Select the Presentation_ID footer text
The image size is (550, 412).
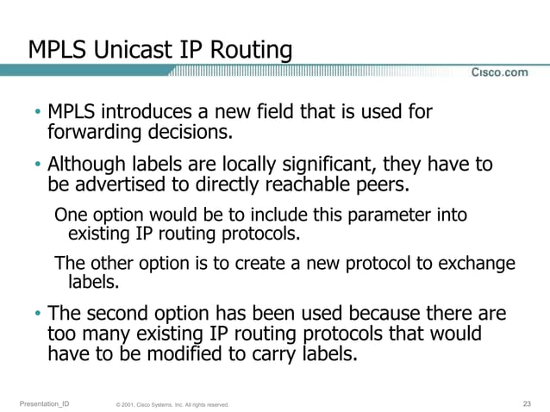[x=44, y=403]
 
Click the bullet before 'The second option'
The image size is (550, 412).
[x=38, y=314]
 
